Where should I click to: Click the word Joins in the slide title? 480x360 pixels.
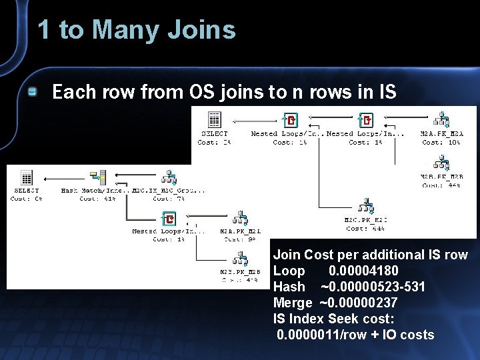point(203,30)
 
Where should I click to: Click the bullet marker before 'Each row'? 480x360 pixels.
point(32,92)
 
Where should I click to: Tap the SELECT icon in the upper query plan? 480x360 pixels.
point(215,119)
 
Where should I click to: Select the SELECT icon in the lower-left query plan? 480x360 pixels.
point(26,177)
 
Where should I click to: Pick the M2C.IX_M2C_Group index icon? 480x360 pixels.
point(169,177)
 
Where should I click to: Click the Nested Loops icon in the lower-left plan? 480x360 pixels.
point(169,219)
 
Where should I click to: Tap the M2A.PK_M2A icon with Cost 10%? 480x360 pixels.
point(441,119)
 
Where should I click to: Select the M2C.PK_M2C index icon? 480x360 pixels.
point(365,206)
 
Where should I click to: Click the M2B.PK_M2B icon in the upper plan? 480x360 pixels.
point(441,163)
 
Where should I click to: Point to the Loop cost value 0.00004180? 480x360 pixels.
point(363,271)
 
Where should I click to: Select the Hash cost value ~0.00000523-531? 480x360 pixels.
point(373,287)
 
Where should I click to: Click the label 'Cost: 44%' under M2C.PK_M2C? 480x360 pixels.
point(365,229)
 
